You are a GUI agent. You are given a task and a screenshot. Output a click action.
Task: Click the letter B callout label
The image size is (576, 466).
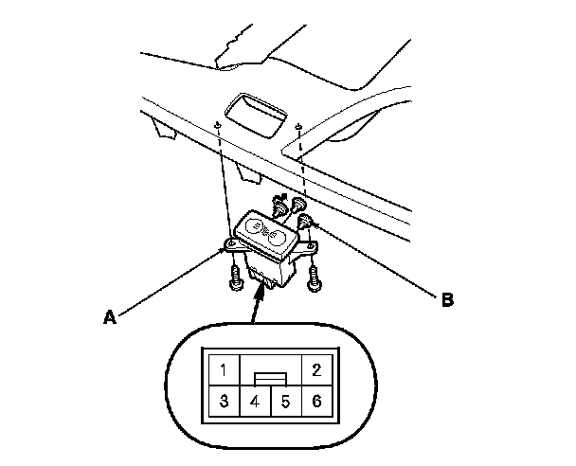447,301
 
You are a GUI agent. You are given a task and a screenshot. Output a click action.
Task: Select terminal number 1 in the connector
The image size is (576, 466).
223,369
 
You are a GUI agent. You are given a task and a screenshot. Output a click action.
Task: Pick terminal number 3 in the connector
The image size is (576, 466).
223,400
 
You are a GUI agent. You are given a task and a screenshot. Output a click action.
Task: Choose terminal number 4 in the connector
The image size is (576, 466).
254,400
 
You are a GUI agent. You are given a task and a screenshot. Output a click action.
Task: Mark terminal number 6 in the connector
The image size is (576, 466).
315,400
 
